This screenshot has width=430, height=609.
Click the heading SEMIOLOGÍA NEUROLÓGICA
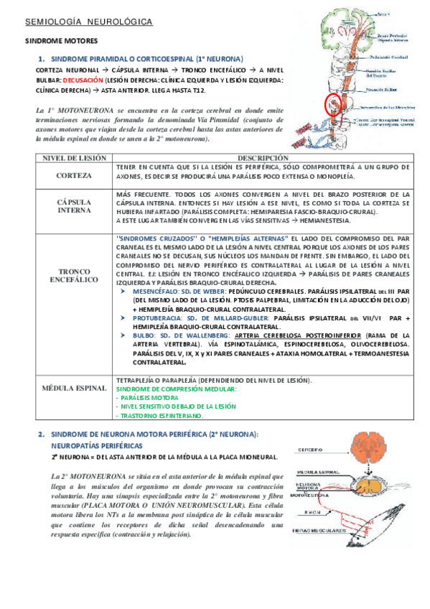89,23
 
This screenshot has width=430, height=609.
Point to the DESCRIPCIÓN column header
263,158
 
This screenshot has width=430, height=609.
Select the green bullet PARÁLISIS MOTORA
149,398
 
